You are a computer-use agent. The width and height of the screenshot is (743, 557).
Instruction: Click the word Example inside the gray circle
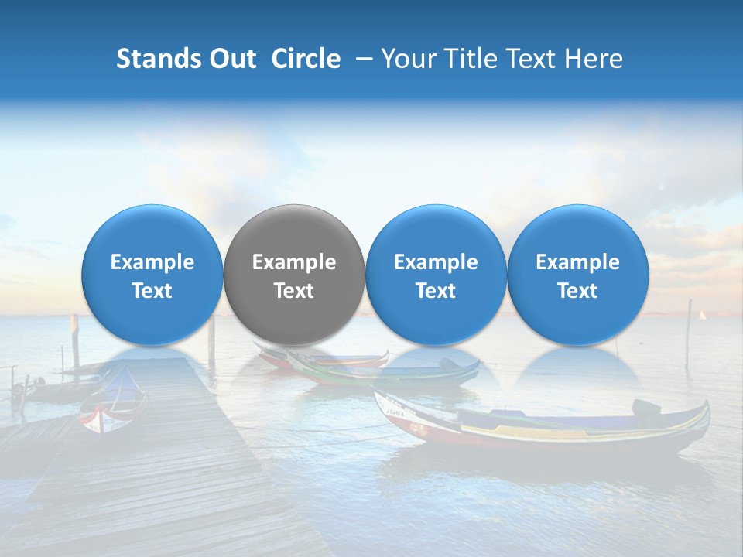(x=294, y=262)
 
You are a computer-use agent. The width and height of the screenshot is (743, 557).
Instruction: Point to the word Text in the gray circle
(x=294, y=291)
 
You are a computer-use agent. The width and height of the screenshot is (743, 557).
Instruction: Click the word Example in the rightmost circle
(x=577, y=262)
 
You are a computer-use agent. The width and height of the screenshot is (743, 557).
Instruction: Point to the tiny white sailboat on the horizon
(x=703, y=315)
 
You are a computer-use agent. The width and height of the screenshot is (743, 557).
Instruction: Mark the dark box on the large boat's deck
(x=646, y=408)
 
